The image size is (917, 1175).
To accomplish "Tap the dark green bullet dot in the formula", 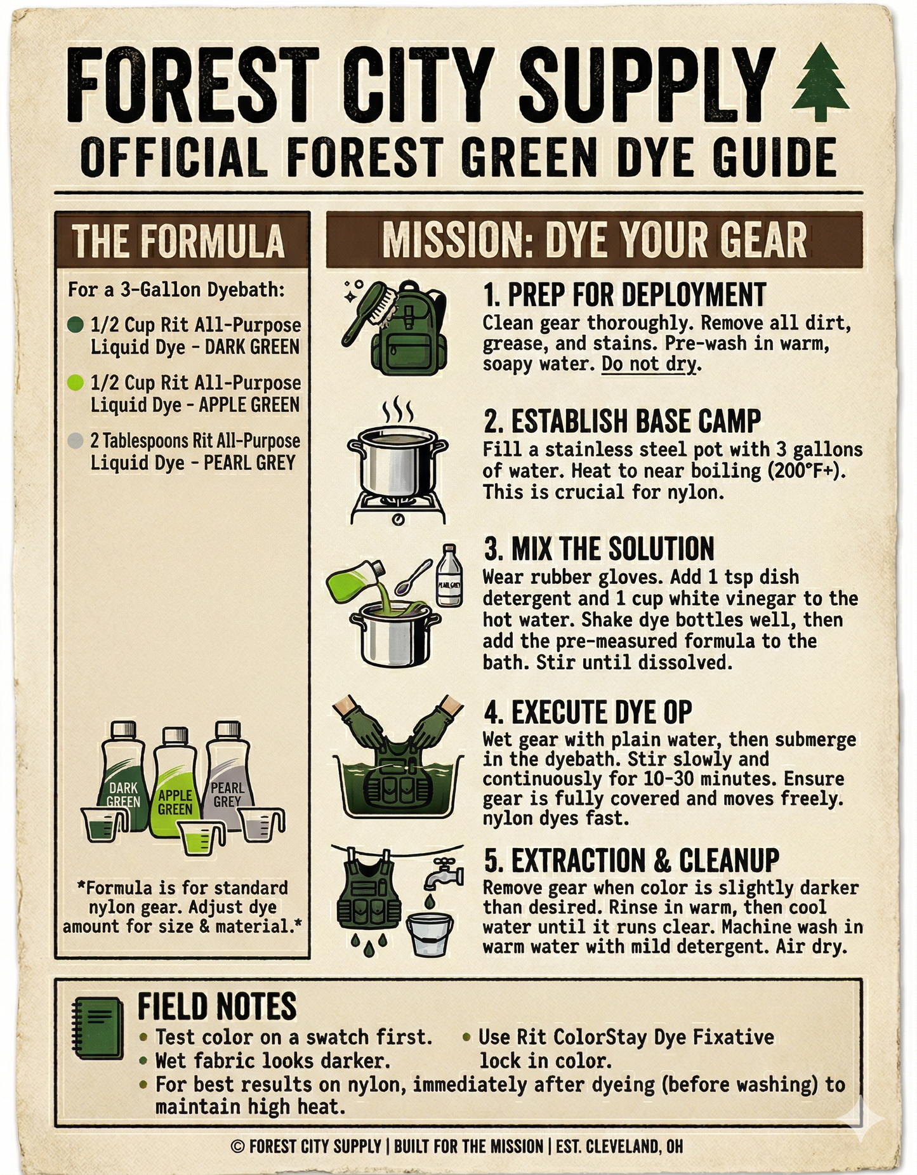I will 76,325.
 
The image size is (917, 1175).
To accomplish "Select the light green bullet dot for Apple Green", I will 76,382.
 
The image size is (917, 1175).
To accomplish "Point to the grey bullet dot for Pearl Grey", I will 76,441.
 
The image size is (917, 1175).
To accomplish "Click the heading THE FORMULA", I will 178,241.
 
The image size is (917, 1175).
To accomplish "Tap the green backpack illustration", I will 409,330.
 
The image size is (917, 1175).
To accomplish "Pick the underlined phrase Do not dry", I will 650,364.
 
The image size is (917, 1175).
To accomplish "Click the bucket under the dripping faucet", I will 431,933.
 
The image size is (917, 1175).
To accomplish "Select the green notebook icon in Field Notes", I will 98,1028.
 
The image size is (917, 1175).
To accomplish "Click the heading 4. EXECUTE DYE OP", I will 588,713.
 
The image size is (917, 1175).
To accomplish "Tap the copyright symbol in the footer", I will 238,1146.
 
